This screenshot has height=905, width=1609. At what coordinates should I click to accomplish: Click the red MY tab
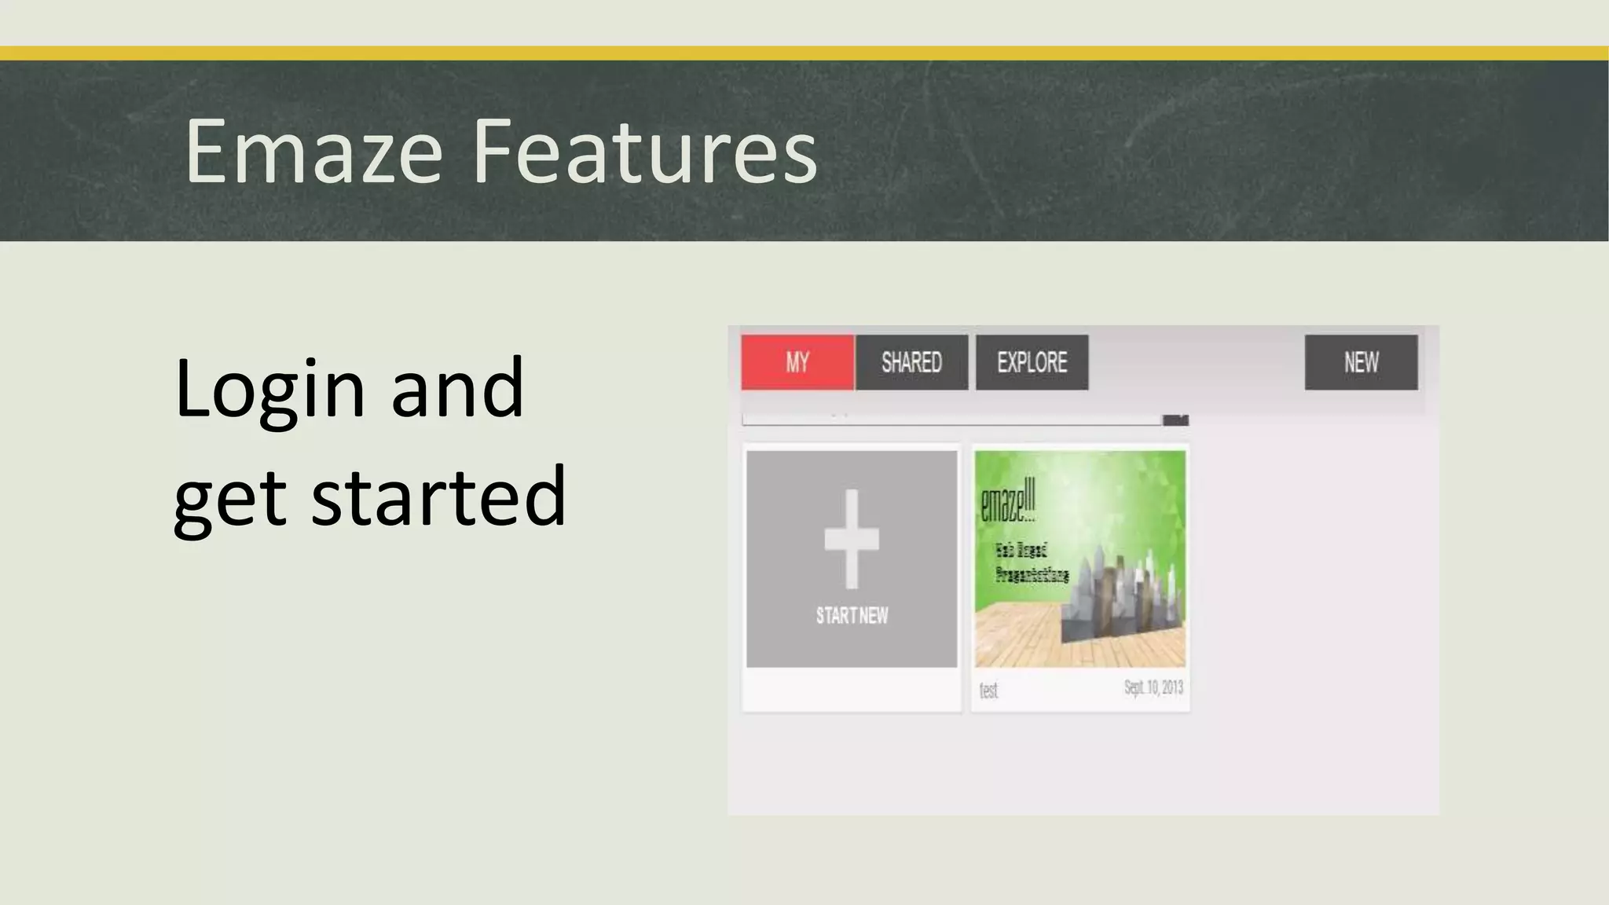click(797, 362)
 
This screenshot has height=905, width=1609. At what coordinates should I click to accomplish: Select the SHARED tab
click(911, 362)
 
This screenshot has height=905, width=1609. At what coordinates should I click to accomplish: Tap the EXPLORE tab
click(1032, 362)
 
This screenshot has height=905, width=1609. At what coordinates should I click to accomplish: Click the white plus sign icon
click(852, 539)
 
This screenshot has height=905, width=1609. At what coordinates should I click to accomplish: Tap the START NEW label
click(852, 615)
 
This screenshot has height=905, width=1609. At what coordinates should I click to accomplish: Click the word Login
click(270, 388)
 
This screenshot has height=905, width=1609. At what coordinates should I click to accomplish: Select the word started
click(438, 496)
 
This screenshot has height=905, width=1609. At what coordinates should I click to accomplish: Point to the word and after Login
click(457, 388)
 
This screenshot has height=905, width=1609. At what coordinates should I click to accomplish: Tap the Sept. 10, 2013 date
click(1153, 688)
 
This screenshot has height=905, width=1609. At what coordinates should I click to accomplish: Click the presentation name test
click(988, 691)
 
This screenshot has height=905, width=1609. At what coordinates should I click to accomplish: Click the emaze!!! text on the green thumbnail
click(1008, 500)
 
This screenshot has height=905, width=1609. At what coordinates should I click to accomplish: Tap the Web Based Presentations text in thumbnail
click(1032, 562)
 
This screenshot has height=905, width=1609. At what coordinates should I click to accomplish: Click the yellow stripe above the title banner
click(804, 53)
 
